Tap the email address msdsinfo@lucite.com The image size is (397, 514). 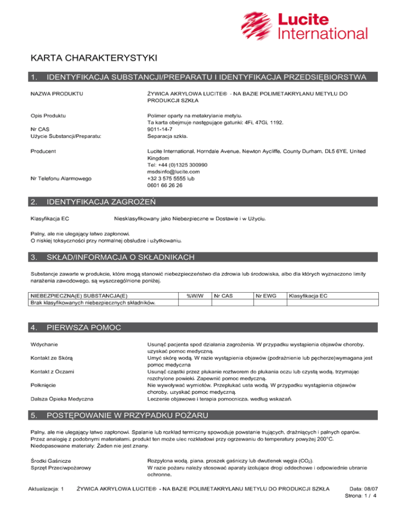(x=174, y=172)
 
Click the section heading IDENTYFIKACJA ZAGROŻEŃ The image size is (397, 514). (x=101, y=201)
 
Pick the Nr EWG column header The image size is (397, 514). (x=265, y=296)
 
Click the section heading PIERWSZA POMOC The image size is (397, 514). (x=83, y=327)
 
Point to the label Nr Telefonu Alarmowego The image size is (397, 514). (x=61, y=178)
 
